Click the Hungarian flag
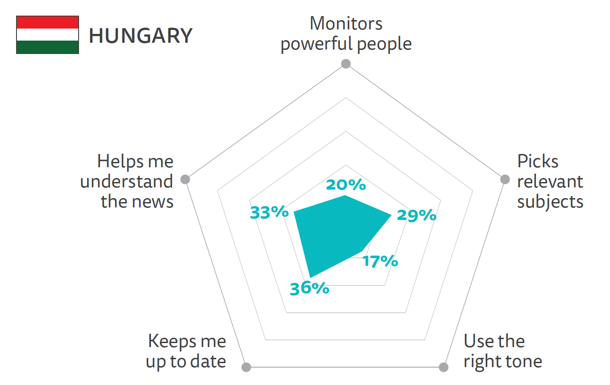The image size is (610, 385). pos(48,35)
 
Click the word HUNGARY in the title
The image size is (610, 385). pos(141,36)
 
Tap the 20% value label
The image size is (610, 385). pos(346,185)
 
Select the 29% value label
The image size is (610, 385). pos(416,215)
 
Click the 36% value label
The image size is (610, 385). pos(309,289)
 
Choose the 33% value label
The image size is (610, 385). pos(269,212)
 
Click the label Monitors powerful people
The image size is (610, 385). pos(346,34)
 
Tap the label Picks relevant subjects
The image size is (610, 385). pos(550,181)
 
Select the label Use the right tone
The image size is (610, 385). pos(502,351)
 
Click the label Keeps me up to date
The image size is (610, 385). pos(186,351)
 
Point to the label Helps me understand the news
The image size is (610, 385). pos(127,181)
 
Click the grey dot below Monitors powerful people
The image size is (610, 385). pos(346,64)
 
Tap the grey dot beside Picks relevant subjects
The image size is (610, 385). pos(505,179)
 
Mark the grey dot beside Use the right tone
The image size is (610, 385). pos(443,367)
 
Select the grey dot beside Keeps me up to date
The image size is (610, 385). pos(247,367)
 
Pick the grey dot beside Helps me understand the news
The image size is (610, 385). pos(185,179)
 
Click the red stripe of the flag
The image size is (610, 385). pos(48,22)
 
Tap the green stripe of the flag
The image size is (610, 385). pos(48,47)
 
